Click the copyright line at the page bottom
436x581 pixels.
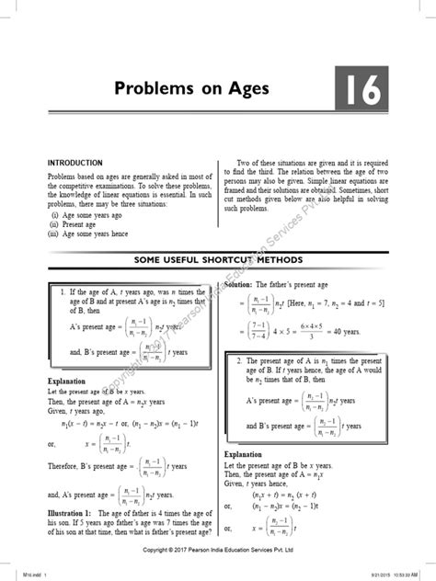(x=217, y=550)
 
